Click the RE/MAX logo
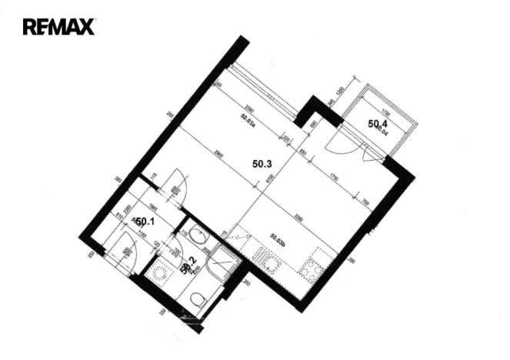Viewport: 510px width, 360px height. [58, 27]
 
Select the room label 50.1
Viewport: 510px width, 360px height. [145, 222]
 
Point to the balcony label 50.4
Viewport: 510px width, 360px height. [378, 123]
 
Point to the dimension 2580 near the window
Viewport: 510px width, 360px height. [248, 108]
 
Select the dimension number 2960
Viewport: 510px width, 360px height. [219, 155]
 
